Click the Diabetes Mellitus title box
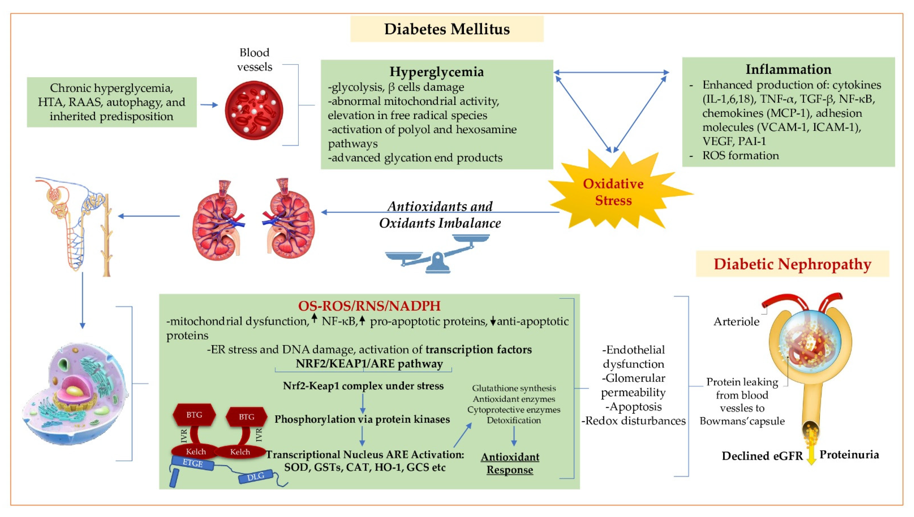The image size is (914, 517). coord(447,29)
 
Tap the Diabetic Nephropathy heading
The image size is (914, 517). coord(792,264)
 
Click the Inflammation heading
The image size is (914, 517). coord(788,69)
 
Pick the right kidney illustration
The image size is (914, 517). coord(289,220)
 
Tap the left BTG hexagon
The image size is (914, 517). coord(194,415)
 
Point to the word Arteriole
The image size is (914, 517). coord(736,321)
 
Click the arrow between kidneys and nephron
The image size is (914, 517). coord(149,216)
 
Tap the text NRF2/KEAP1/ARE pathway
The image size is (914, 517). coord(369,364)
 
